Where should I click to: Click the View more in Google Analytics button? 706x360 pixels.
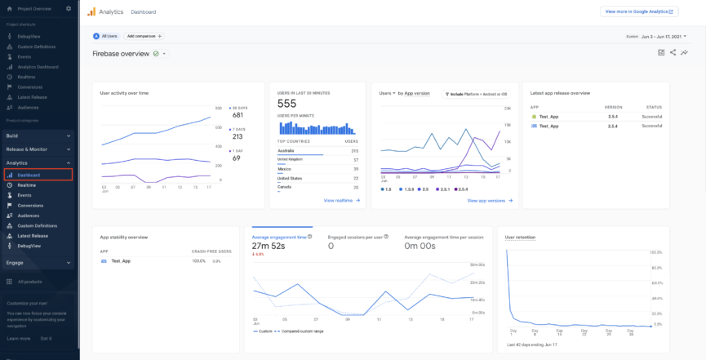pos(638,11)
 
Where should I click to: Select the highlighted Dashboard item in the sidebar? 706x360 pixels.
pos(29,175)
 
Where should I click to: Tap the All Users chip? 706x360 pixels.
pos(105,36)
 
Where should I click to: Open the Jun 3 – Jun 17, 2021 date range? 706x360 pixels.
pos(661,36)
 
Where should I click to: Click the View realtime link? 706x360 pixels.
pos(341,200)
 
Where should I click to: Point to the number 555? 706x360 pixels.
pos(286,104)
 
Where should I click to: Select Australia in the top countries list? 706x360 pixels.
pos(286,150)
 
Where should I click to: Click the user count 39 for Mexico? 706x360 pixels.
pos(355,168)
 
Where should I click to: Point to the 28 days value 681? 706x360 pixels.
pos(238,115)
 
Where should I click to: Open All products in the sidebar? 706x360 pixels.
pos(29,282)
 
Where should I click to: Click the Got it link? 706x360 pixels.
pos(46,338)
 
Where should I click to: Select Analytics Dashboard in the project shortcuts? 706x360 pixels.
pos(38,66)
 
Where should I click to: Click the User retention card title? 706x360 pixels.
pos(521,237)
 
